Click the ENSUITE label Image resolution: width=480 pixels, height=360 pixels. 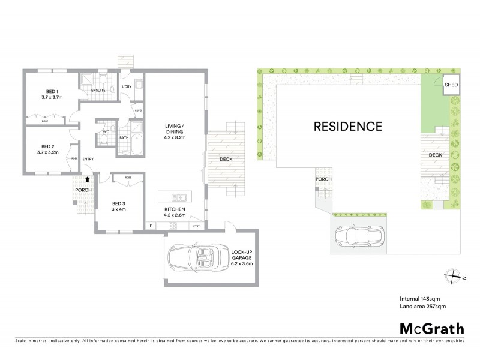[98, 91]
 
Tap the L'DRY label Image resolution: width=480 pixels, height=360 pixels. [127, 88]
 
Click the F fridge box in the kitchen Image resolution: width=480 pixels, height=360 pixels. [152, 226]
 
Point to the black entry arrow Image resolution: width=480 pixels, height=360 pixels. [88, 178]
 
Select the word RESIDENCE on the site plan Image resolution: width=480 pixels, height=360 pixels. [348, 127]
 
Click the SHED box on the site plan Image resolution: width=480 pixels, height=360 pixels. [451, 86]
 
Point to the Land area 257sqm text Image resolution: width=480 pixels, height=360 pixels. [423, 307]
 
